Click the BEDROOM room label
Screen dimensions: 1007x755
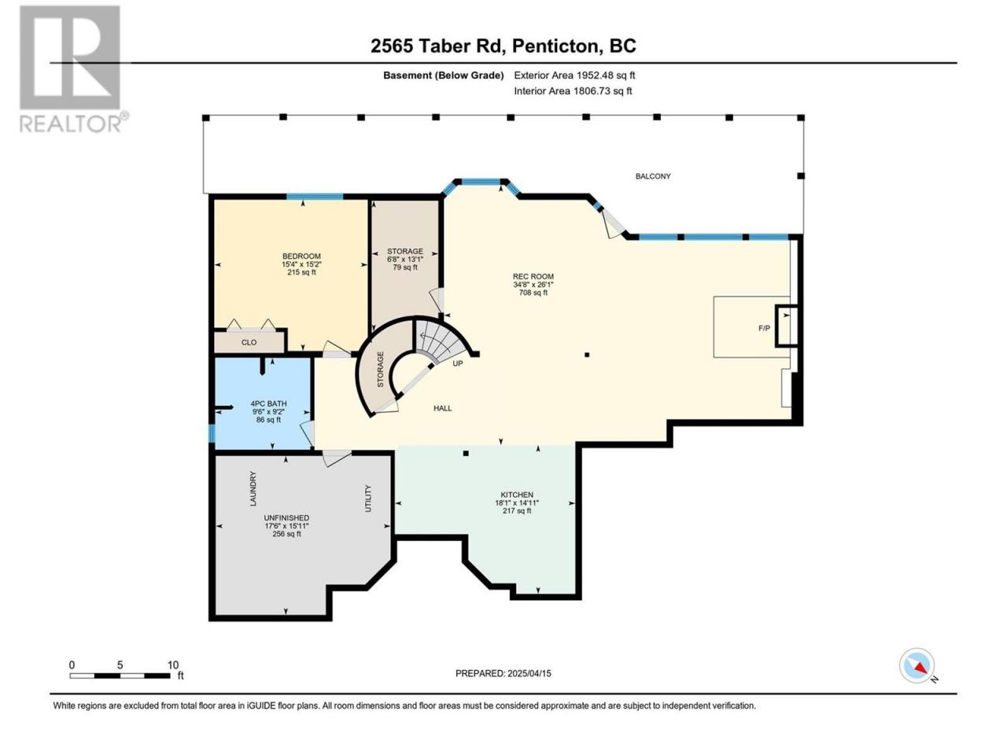[x=301, y=256]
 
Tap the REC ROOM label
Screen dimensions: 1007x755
[x=533, y=276]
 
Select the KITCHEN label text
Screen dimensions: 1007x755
[x=517, y=495]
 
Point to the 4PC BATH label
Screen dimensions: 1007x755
[x=268, y=403]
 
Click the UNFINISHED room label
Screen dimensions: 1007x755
[x=286, y=517]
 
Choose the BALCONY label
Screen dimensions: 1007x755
[x=653, y=176]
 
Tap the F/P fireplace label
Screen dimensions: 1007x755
[x=764, y=328]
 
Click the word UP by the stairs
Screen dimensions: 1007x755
[x=457, y=363]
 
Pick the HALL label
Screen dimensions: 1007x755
[x=443, y=408]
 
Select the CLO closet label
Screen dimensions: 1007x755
[x=249, y=342]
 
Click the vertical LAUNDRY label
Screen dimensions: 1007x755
[x=253, y=488]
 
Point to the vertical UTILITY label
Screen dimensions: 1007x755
[x=367, y=499]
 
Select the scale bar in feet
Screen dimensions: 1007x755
[x=120, y=676]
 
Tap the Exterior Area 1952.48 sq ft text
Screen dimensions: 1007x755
[x=574, y=75]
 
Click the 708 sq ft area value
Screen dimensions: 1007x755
[x=533, y=293]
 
